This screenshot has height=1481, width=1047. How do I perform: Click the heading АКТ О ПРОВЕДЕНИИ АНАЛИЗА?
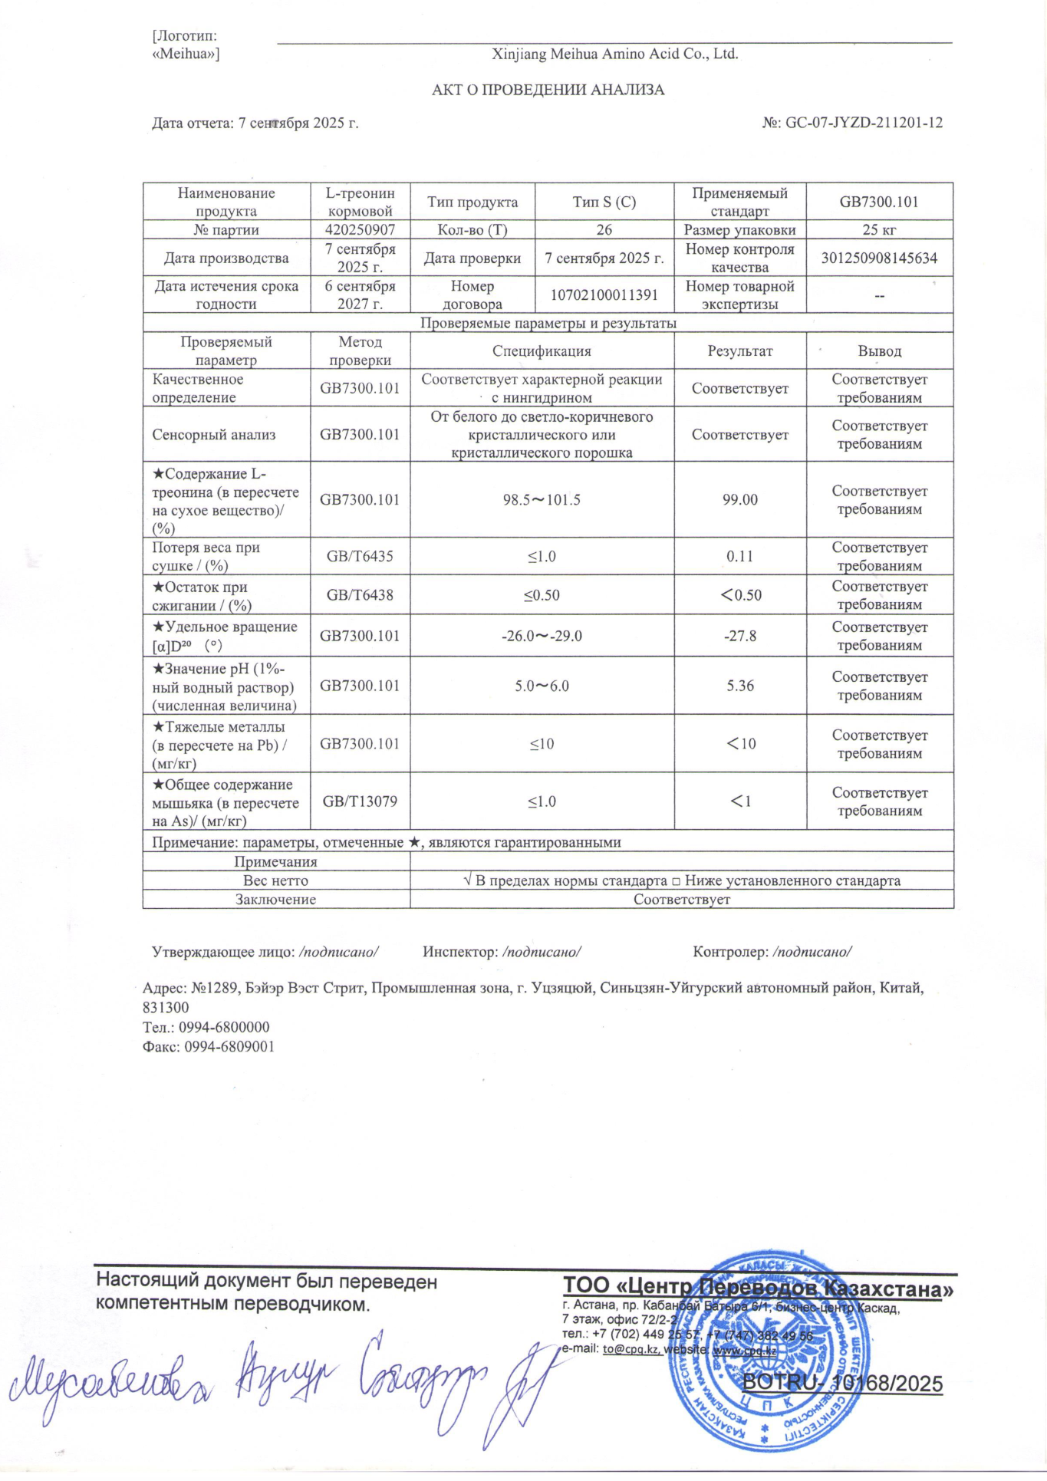click(548, 90)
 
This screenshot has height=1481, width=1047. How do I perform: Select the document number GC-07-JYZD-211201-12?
click(864, 123)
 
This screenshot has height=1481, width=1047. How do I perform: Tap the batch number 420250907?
click(360, 229)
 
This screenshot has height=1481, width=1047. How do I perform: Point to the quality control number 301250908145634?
click(879, 258)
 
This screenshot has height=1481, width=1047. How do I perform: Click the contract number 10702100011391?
click(604, 295)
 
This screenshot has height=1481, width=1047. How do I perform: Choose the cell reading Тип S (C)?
click(604, 202)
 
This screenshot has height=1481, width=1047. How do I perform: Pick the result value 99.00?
click(739, 499)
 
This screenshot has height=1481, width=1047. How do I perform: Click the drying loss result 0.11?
click(739, 556)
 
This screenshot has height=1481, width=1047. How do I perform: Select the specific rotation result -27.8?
click(739, 636)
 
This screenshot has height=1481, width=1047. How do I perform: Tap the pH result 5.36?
click(739, 686)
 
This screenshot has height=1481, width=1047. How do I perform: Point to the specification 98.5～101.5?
click(542, 499)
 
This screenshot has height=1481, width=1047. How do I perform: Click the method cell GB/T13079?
click(360, 801)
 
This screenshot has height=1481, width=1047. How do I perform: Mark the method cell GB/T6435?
click(360, 556)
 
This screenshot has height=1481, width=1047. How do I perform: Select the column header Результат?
click(739, 351)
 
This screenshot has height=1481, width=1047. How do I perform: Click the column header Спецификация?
click(542, 351)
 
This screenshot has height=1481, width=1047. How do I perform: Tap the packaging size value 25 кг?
click(879, 229)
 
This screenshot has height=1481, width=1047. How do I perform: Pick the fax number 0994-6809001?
click(229, 1047)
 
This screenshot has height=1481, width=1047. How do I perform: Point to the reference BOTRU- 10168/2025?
click(842, 1384)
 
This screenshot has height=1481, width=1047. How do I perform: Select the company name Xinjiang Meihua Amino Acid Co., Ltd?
click(614, 54)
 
